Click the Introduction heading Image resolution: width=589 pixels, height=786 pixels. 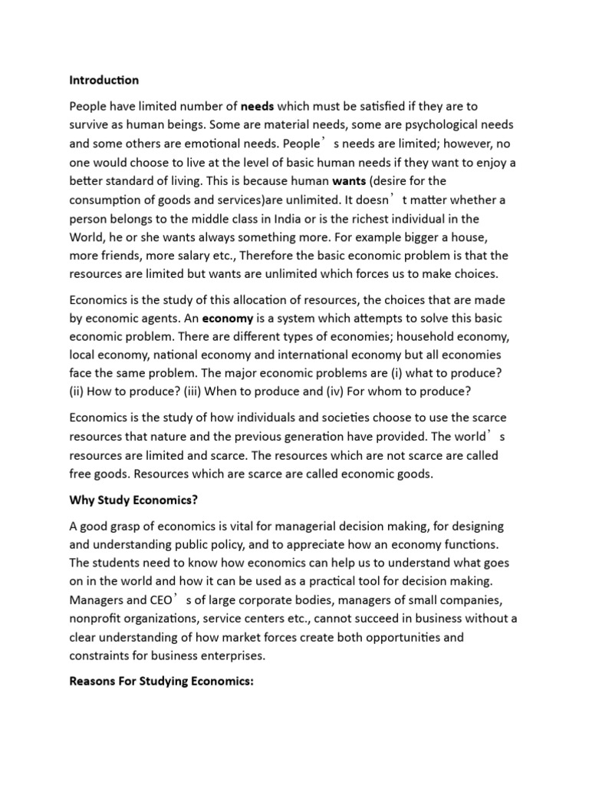pyautogui.click(x=104, y=80)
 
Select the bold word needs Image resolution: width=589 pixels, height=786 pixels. pyautogui.click(x=258, y=105)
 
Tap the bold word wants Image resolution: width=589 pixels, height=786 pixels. pyautogui.click(x=350, y=182)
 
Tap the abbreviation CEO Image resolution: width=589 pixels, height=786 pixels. pyautogui.click(x=162, y=601)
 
